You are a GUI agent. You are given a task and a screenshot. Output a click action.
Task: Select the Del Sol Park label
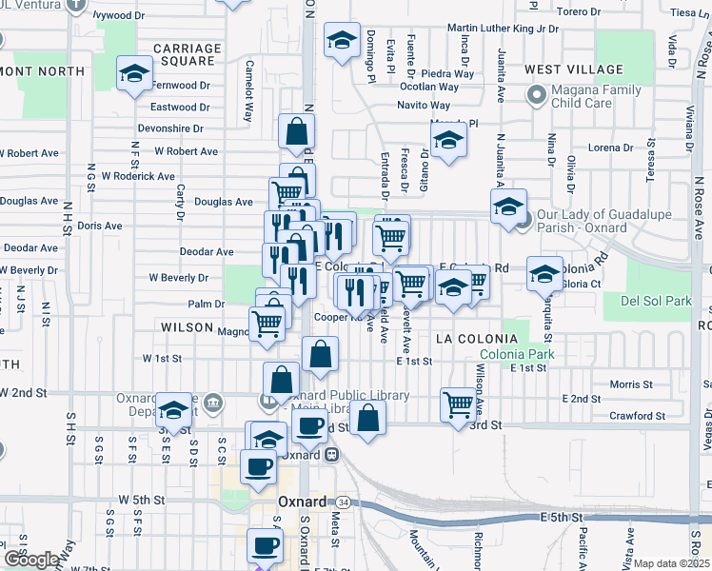(x=656, y=301)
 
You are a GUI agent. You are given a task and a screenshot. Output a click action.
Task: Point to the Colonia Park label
(x=517, y=355)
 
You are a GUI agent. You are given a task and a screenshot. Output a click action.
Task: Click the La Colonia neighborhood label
(x=467, y=338)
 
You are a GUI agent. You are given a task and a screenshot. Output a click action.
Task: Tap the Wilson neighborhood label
(x=187, y=326)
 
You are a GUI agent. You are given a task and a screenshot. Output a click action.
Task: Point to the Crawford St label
(x=638, y=416)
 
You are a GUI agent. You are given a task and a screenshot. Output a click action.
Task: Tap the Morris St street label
(x=631, y=384)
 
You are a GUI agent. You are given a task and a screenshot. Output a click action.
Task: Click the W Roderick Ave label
(x=138, y=176)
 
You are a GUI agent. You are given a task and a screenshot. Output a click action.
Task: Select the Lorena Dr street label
(x=611, y=148)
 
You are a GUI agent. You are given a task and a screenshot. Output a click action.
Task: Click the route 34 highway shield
(x=342, y=502)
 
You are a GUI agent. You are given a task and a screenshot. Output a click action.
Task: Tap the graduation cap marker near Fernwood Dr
(x=135, y=72)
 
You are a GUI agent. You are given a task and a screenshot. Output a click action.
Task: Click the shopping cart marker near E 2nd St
(x=459, y=404)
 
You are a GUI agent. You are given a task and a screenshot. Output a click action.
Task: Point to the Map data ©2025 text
(x=673, y=563)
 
